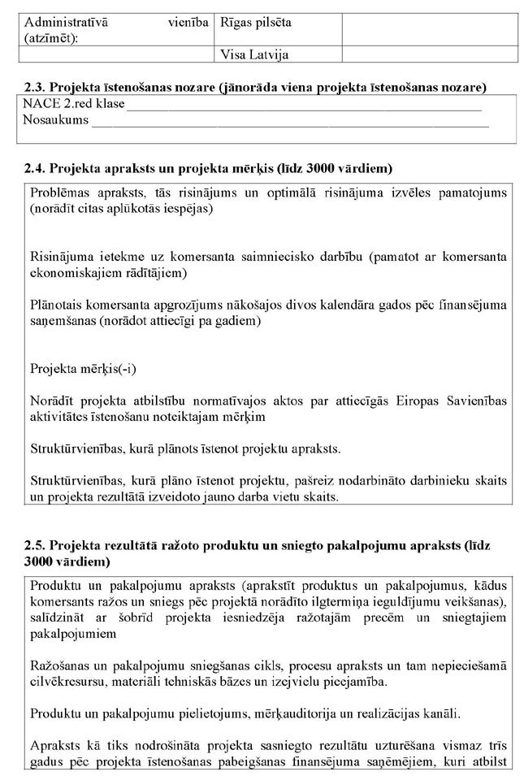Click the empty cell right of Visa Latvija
430,55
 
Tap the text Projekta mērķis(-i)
84,367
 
